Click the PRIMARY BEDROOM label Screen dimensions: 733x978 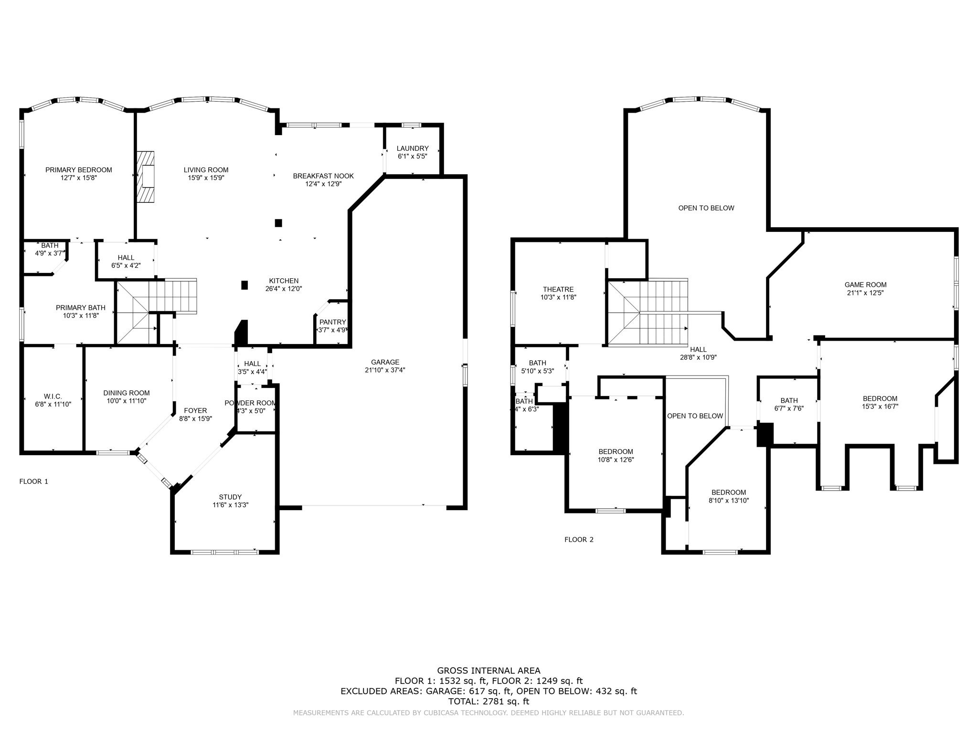pyautogui.click(x=78, y=170)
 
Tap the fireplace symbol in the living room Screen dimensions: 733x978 pyautogui.click(x=146, y=177)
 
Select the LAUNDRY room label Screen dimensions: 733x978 pyautogui.click(x=413, y=148)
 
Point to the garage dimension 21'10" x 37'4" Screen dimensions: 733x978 pyautogui.click(x=385, y=370)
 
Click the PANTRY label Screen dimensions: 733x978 pyautogui.click(x=332, y=322)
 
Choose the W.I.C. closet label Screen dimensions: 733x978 pyautogui.click(x=53, y=397)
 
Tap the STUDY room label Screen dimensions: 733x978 pyautogui.click(x=230, y=497)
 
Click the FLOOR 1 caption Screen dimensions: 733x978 pyautogui.click(x=33, y=482)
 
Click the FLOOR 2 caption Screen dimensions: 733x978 pyautogui.click(x=579, y=540)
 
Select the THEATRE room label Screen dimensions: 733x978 pyautogui.click(x=558, y=289)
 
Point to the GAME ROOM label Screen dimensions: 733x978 pyautogui.click(x=865, y=285)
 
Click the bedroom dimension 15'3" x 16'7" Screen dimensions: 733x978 pyautogui.click(x=880, y=407)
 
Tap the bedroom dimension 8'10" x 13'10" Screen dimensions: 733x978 pyautogui.click(x=728, y=501)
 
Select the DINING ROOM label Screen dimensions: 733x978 pyautogui.click(x=127, y=393)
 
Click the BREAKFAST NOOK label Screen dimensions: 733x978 pyautogui.click(x=323, y=176)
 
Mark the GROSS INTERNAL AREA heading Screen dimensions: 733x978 pyautogui.click(x=489, y=670)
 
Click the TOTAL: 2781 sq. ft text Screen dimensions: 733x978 pyautogui.click(x=489, y=702)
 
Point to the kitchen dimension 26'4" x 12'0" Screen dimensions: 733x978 pyautogui.click(x=284, y=289)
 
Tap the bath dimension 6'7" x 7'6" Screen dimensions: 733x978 pyautogui.click(x=789, y=408)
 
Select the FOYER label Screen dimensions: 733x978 pyautogui.click(x=195, y=410)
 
